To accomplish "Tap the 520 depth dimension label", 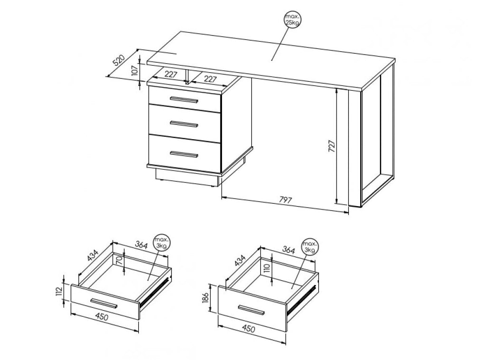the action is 119,60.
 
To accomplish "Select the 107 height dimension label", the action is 135,71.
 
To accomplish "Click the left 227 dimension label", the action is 171,74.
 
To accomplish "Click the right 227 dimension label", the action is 210,79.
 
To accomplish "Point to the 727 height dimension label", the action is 332,146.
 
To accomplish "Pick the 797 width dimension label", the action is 285,200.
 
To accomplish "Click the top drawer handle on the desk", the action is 184,99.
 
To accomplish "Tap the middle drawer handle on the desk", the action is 184,123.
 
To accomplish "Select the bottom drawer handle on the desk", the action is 184,154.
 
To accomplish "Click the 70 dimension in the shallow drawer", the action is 120,261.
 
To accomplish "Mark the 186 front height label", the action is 205,297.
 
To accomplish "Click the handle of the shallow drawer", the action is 104,303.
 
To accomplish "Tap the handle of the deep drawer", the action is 251,310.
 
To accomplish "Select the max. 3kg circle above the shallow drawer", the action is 161,243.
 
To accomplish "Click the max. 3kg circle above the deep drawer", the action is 310,246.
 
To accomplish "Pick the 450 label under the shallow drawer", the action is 102,316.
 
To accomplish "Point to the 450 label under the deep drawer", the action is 249,329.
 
